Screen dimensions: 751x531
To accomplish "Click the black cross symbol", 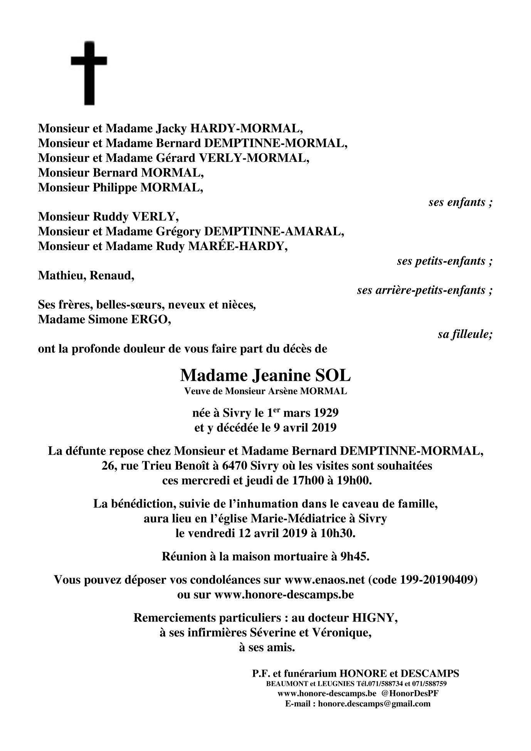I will (89, 73).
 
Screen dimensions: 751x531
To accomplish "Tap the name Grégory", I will (178, 232).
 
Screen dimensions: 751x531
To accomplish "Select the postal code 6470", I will (234, 466).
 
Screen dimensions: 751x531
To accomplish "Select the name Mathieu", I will (62, 276).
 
